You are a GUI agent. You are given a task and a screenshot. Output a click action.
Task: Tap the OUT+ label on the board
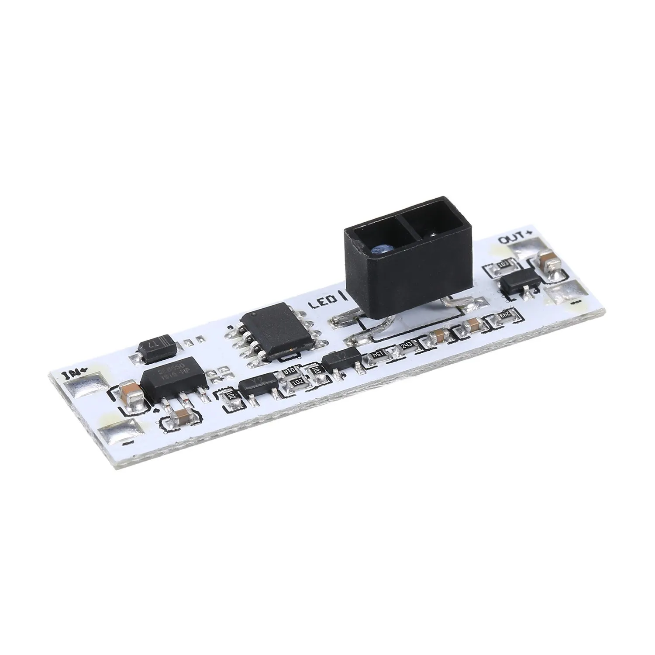point(516,241)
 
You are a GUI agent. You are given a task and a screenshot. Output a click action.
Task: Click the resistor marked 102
point(298,381)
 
